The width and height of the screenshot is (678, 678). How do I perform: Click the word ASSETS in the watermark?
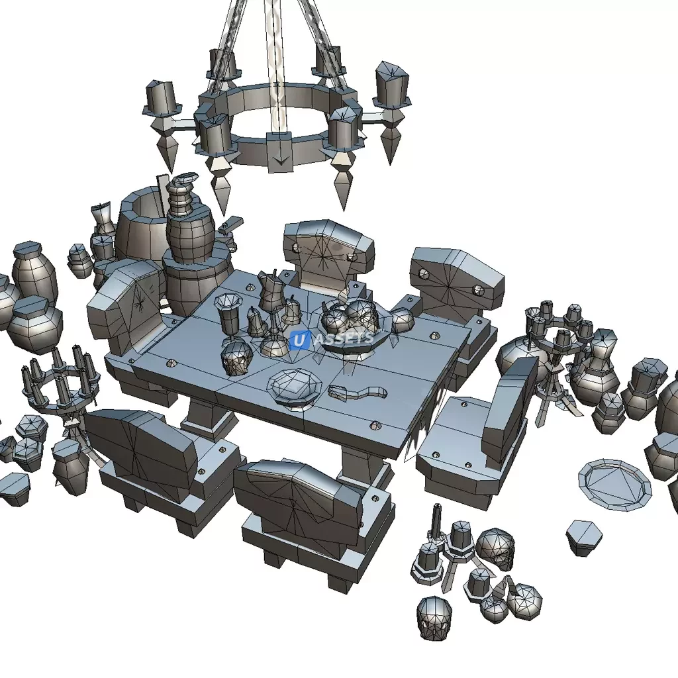pyautogui.click(x=344, y=338)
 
